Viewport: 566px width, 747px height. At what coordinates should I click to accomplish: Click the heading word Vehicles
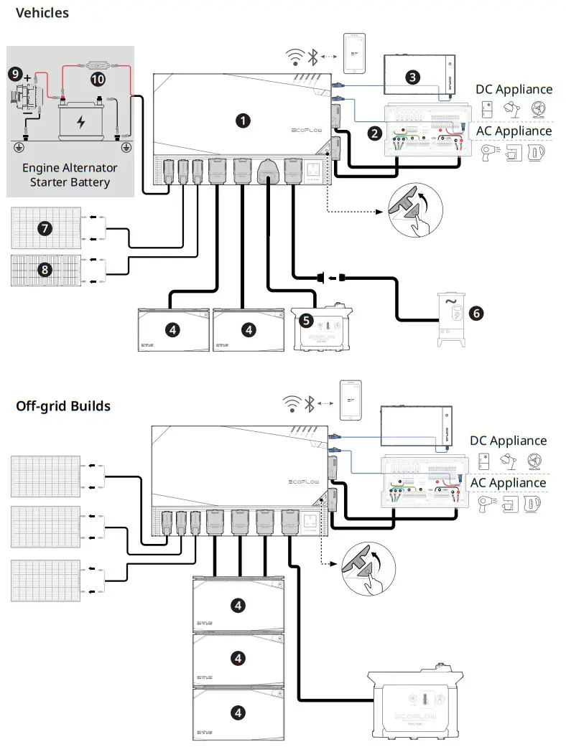[x=42, y=12]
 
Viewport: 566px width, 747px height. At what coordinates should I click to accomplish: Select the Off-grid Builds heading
[x=63, y=406]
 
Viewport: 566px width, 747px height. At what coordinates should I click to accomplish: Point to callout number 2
[x=374, y=132]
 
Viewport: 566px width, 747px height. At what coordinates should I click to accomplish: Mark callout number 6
[x=474, y=312]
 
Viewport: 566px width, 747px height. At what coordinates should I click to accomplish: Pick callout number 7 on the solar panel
[x=45, y=228]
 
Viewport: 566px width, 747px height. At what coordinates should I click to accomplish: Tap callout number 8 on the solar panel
[x=45, y=270]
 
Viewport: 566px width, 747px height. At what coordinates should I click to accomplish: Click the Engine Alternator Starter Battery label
[x=70, y=174]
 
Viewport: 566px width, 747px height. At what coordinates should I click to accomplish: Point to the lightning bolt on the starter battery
[x=81, y=121]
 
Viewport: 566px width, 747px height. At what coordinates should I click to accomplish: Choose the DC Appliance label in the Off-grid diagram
[x=508, y=441]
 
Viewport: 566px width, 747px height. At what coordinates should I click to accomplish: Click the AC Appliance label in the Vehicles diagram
[x=514, y=131]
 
